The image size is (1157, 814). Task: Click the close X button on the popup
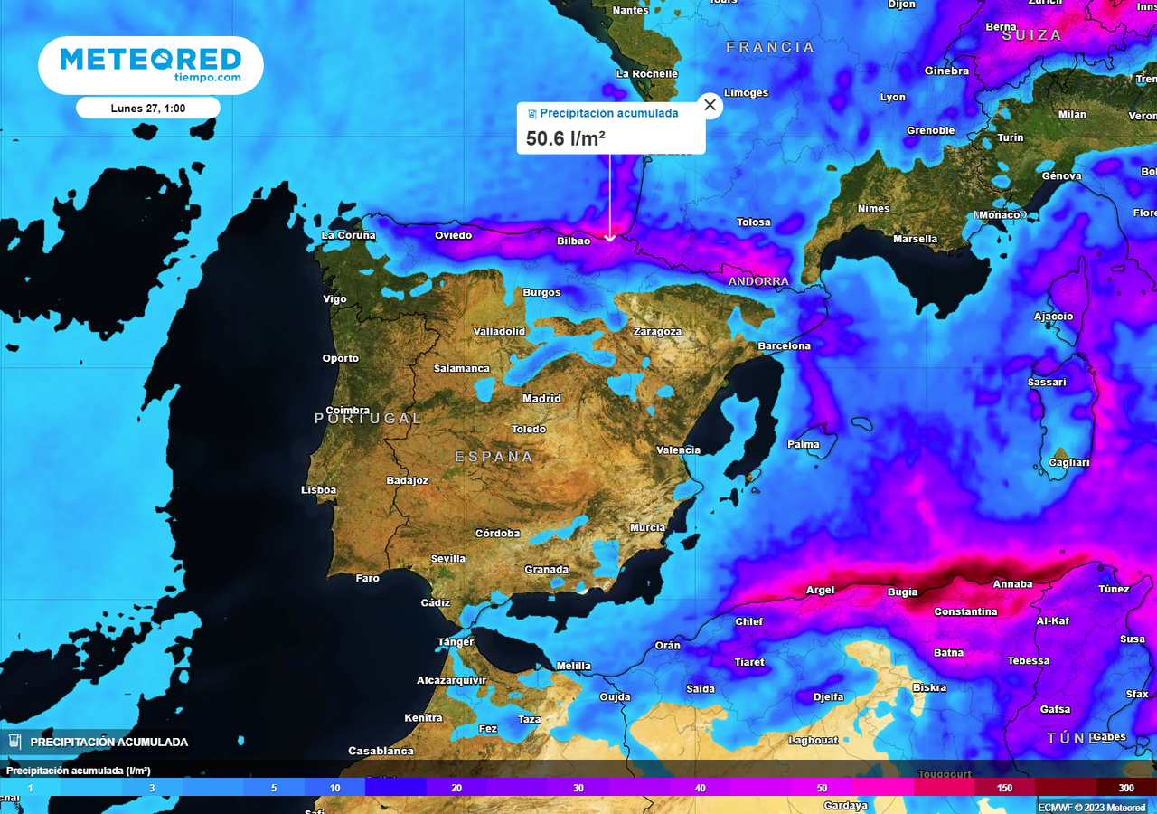click(710, 105)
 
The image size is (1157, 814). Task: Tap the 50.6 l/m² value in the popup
click(566, 137)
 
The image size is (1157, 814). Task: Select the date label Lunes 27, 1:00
click(148, 108)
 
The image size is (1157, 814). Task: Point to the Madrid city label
click(541, 398)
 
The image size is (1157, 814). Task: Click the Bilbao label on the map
click(573, 241)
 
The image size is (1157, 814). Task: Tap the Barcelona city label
click(784, 345)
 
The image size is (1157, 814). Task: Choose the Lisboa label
click(318, 489)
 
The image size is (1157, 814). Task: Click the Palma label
click(804, 444)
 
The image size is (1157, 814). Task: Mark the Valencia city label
click(678, 450)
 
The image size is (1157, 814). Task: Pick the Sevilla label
click(448, 558)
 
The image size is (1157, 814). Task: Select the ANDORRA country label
click(758, 281)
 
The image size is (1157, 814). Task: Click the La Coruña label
click(348, 235)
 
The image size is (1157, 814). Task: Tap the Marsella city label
click(915, 239)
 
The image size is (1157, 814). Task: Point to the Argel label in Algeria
click(820, 590)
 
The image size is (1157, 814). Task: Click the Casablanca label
click(381, 751)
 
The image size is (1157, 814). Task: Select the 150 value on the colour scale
click(1004, 788)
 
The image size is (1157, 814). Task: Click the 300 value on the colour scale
click(1126, 788)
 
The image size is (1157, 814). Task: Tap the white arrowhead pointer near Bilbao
click(610, 238)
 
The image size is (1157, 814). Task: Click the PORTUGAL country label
click(368, 418)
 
